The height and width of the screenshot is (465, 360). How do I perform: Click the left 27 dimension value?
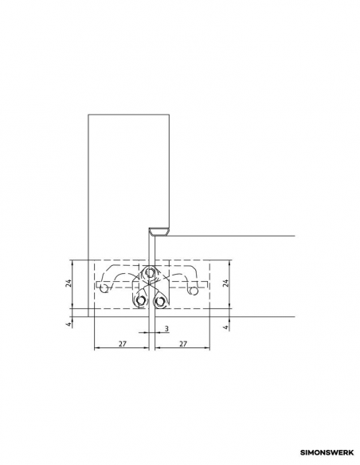click(123, 344)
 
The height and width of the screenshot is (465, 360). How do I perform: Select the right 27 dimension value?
click(183, 344)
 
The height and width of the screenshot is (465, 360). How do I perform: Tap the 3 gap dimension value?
click(166, 329)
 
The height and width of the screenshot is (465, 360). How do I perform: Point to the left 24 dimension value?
click(68, 283)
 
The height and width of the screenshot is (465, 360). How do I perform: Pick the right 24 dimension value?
click(225, 283)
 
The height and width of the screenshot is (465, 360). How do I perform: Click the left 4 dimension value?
click(68, 324)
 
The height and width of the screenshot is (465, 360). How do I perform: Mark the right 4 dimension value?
click(226, 327)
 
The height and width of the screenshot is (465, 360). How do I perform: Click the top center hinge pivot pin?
click(151, 272)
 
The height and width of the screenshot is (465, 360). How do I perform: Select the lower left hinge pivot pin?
click(140, 301)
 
